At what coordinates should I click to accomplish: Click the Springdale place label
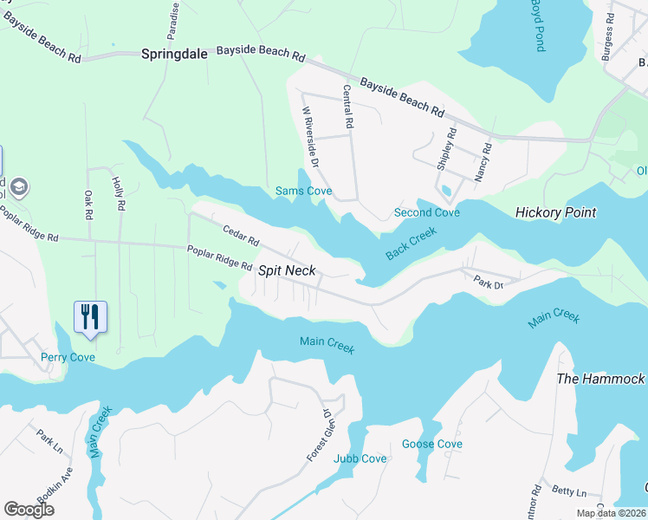point(174,54)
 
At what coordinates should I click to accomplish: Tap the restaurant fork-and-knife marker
point(91,317)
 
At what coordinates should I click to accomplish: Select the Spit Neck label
point(288,270)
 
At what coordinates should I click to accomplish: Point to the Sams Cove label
point(303,191)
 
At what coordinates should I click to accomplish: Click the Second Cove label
point(426,212)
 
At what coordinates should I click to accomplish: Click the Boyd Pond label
point(537,26)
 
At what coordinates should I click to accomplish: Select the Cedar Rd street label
point(241,234)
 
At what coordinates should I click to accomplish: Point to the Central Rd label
point(348,107)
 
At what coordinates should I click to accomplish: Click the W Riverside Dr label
point(310,138)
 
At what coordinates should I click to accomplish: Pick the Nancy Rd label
point(482,162)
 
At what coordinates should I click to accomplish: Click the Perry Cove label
point(67,357)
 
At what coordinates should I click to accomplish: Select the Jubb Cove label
point(360,458)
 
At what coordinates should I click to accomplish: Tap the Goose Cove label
point(431,444)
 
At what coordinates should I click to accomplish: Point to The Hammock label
point(600,379)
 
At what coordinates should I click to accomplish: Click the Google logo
point(29,509)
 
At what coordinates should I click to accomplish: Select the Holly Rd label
point(119,196)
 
